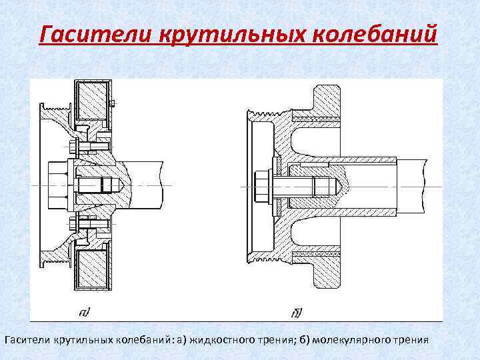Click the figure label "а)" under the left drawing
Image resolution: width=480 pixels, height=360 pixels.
click(85, 311)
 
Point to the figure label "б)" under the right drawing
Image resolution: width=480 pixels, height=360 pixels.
click(297, 311)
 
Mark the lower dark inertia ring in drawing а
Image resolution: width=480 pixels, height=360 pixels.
click(92, 269)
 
